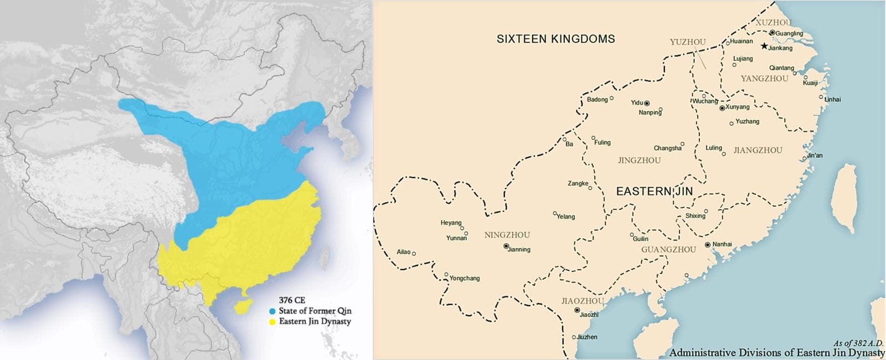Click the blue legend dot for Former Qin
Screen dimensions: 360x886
coord(272,311)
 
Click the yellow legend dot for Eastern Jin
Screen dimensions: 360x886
coord(272,321)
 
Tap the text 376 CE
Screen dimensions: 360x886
coord(292,301)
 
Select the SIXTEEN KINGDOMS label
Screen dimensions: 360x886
coord(555,39)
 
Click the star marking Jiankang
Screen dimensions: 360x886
coord(765,47)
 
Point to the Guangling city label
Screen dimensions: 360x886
coord(789,33)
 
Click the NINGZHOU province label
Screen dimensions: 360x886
coord(507,235)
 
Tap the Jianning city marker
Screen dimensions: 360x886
coord(506,246)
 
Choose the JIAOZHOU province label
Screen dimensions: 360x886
coord(583,301)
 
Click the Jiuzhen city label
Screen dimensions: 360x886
coord(587,337)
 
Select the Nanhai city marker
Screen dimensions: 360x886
coord(708,244)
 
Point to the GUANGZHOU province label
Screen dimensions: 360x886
coord(668,250)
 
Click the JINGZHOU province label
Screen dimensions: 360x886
coord(639,161)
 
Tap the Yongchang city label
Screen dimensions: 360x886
coord(465,278)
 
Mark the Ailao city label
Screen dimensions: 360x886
coord(404,252)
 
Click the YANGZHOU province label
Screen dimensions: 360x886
coord(764,79)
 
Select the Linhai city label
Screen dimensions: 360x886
coord(832,100)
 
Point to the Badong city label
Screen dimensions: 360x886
coord(597,100)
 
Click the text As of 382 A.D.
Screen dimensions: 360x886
coord(858,343)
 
